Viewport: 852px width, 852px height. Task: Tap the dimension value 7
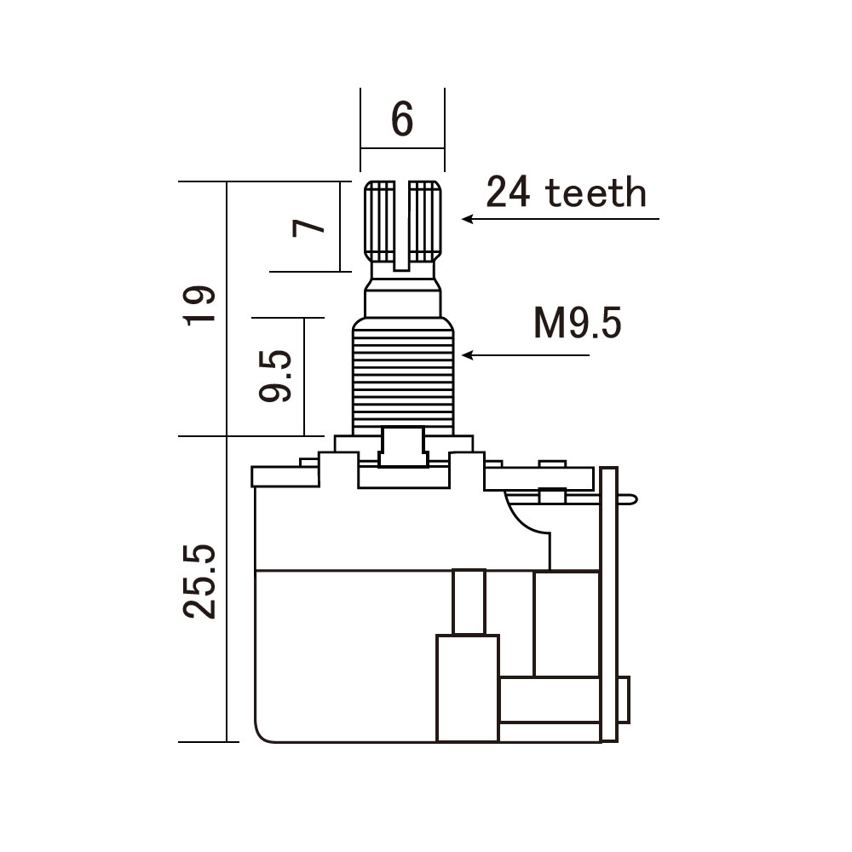308,227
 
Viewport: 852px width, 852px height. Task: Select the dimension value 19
199,305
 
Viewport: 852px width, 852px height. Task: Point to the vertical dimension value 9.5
275,375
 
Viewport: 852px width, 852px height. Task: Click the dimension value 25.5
199,581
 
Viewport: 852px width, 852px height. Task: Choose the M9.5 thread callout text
577,323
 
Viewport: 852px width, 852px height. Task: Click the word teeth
596,193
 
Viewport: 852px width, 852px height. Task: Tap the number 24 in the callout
508,193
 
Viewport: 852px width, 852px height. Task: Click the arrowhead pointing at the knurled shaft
467,219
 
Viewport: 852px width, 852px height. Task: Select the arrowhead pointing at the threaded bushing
467,355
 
